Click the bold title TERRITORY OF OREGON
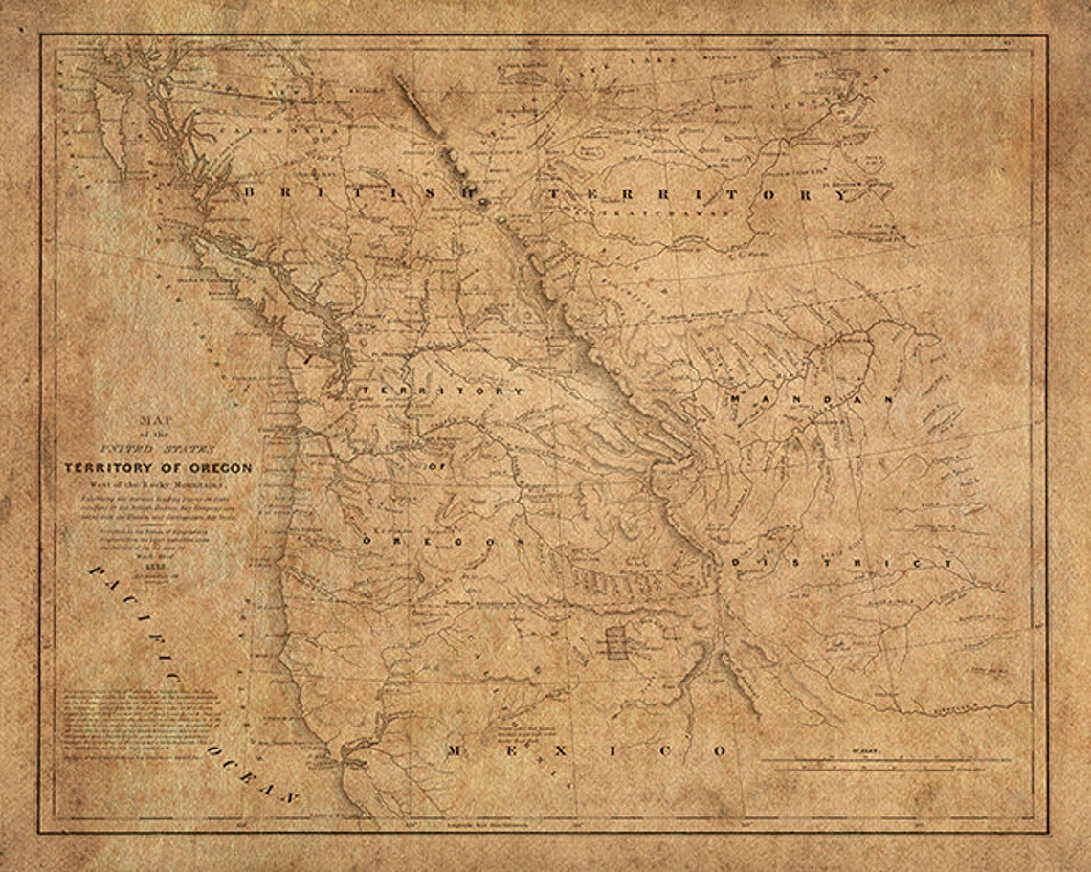(x=158, y=468)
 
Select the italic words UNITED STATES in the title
(x=158, y=448)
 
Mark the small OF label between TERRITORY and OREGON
(x=439, y=463)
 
